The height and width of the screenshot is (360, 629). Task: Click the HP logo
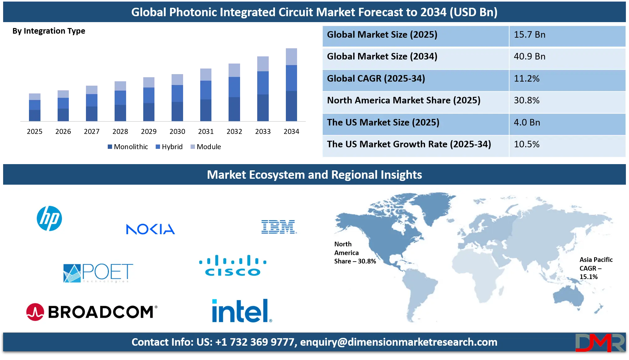[49, 218]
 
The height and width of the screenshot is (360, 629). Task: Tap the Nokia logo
[150, 229]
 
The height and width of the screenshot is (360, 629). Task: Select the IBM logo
[279, 227]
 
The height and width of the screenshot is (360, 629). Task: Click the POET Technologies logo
[98, 273]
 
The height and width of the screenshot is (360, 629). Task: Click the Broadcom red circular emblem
[35, 312]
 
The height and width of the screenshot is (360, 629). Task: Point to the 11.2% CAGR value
[527, 78]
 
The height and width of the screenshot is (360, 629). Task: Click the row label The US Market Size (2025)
[383, 122]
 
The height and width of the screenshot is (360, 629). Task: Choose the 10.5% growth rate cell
[527, 144]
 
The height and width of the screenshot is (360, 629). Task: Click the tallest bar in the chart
[291, 84]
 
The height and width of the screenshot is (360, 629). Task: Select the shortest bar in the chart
[35, 107]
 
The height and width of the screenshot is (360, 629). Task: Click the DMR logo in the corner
[599, 343]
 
